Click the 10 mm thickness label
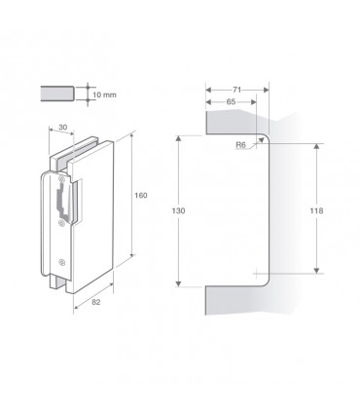(x=105, y=94)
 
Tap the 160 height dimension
(x=140, y=196)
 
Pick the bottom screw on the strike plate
(x=63, y=260)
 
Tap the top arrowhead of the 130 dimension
(x=178, y=137)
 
